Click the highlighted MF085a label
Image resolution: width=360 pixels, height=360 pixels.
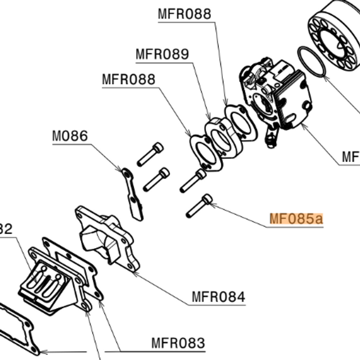coord(296,219)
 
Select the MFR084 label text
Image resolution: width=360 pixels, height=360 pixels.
coord(218,296)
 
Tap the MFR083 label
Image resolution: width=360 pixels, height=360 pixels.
coord(178,342)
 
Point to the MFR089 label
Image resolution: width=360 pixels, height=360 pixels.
coord(162,55)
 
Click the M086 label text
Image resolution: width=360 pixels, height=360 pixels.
coord(70,136)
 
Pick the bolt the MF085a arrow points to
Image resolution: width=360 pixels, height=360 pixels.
coord(198,205)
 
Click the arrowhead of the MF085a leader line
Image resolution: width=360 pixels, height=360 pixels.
coord(211,205)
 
